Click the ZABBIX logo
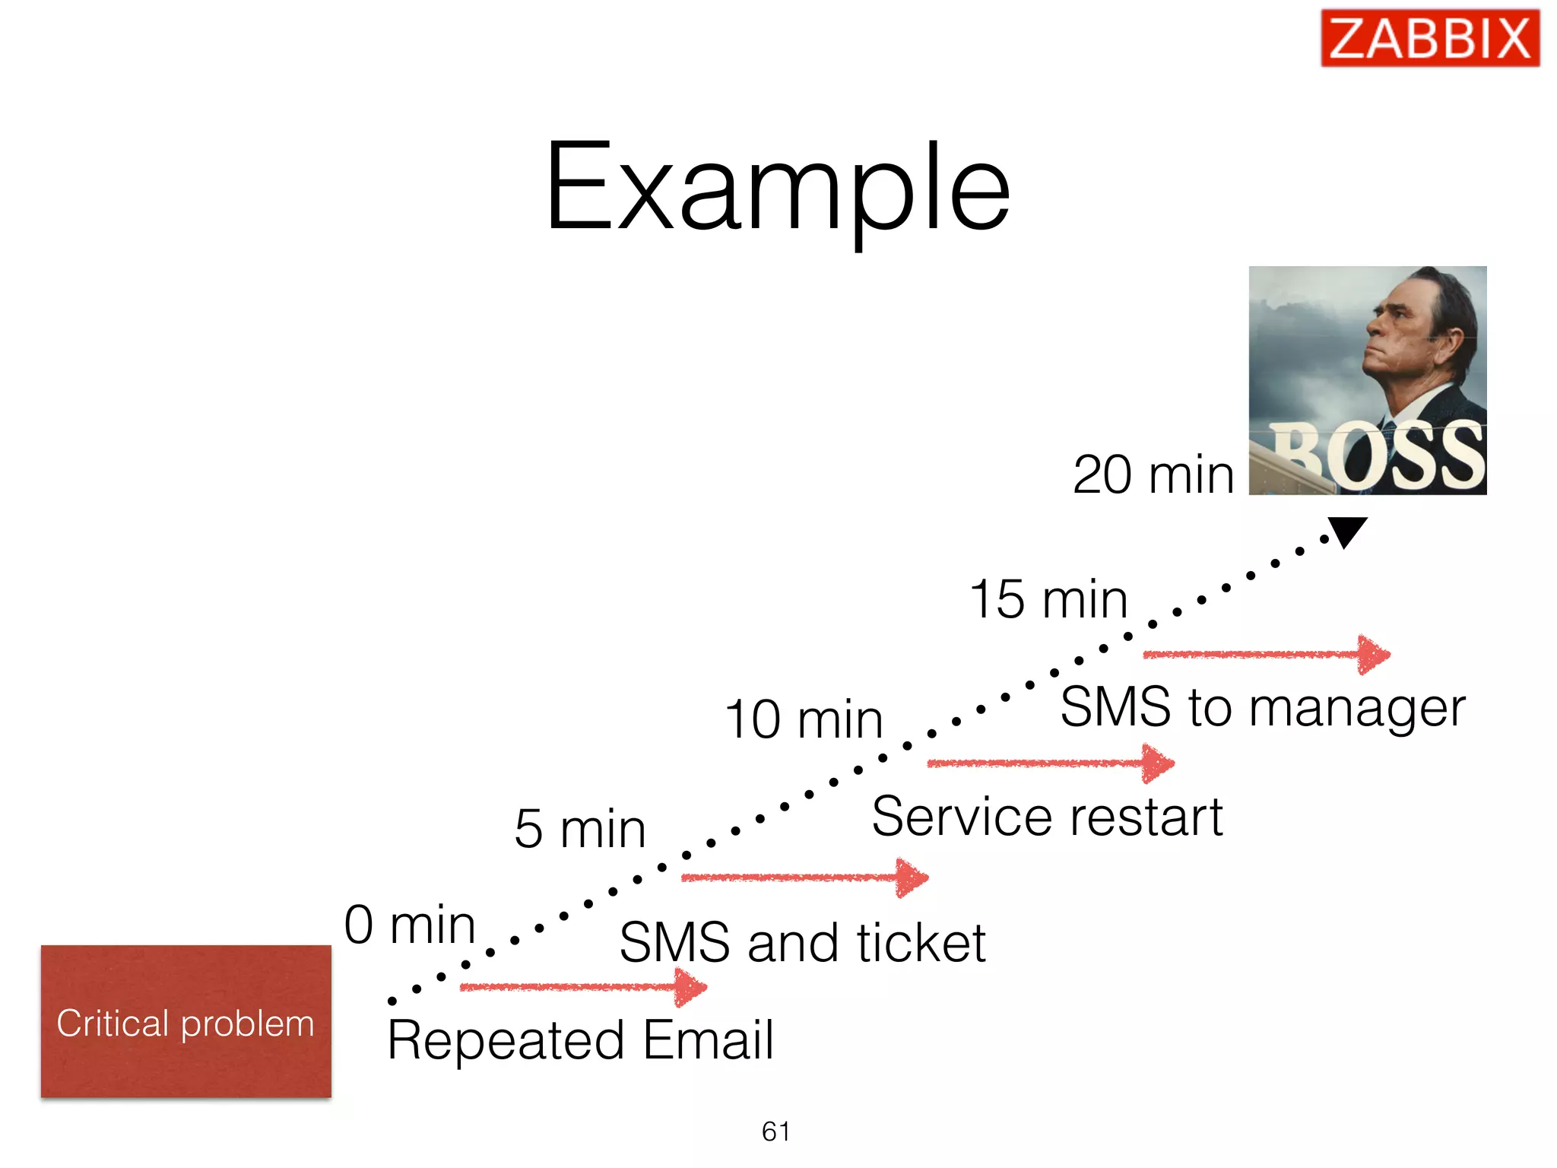coord(1429,38)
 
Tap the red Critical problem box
coord(186,1021)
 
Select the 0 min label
coord(410,925)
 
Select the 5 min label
coord(579,828)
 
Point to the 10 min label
coord(803,719)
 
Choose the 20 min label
coord(1153,474)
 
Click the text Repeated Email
coord(580,1039)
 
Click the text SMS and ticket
coord(802,943)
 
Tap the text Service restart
coord(1047,817)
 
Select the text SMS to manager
coord(1262,707)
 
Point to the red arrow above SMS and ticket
coord(804,878)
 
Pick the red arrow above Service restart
coord(1050,763)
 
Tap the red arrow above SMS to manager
coord(1267,654)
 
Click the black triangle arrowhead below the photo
coord(1347,530)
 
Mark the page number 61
coord(775,1131)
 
